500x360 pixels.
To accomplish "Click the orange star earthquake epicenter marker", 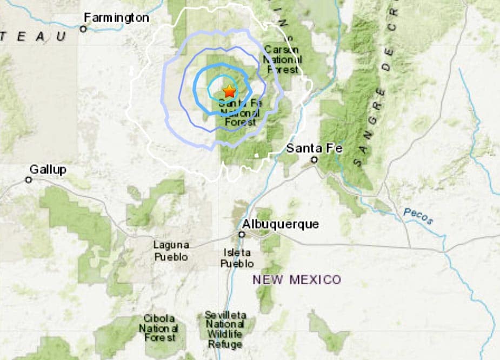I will [x=229, y=91].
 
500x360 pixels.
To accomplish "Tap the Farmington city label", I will [x=116, y=18].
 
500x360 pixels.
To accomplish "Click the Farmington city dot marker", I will [x=83, y=29].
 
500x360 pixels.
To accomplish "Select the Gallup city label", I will [x=48, y=170].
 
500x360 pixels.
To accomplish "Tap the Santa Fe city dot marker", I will [x=315, y=159].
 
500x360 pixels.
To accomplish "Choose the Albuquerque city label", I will [x=281, y=224].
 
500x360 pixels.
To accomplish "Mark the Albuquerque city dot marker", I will [x=242, y=234].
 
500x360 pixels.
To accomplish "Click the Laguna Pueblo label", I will [x=171, y=251].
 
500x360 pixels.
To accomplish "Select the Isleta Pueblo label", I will [x=237, y=258].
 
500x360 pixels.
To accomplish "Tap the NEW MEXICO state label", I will [x=297, y=279].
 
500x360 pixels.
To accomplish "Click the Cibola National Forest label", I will [x=159, y=328].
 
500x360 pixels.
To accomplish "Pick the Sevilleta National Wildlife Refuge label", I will [x=225, y=329].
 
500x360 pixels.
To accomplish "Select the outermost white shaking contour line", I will [x=129, y=108].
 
